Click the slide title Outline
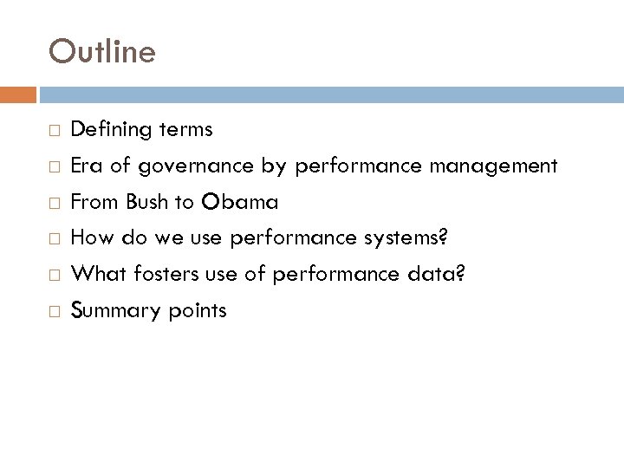[x=102, y=52]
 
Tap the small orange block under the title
[x=18, y=93]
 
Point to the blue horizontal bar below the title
[x=329, y=93]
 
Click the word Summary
[x=110, y=311]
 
